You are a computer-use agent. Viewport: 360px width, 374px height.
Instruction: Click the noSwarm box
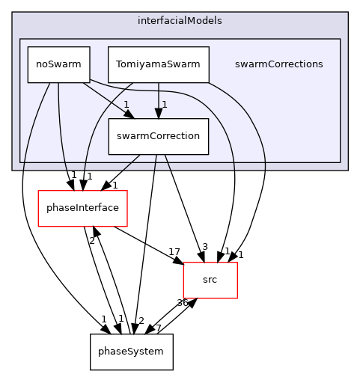(x=58, y=64)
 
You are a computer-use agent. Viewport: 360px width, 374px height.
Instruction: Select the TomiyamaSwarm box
(x=158, y=64)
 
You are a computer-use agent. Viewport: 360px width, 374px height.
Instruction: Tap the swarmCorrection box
(x=158, y=136)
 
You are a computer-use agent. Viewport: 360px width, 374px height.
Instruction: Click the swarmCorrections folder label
(x=278, y=64)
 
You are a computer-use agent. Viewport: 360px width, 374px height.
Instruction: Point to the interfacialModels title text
(x=180, y=20)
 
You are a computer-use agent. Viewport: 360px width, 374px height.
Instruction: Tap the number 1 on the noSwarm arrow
(x=126, y=104)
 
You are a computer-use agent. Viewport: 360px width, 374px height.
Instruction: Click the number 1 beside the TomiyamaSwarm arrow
(x=165, y=104)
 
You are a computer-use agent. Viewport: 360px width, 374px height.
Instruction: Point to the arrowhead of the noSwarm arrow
(x=129, y=114)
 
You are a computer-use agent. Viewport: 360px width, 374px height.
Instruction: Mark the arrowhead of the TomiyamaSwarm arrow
(x=158, y=113)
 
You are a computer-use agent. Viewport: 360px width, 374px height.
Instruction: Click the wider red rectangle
(x=82, y=209)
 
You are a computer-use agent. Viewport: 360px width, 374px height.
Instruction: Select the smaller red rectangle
(x=210, y=280)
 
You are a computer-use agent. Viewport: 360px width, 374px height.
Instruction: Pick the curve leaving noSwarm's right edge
(x=217, y=112)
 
